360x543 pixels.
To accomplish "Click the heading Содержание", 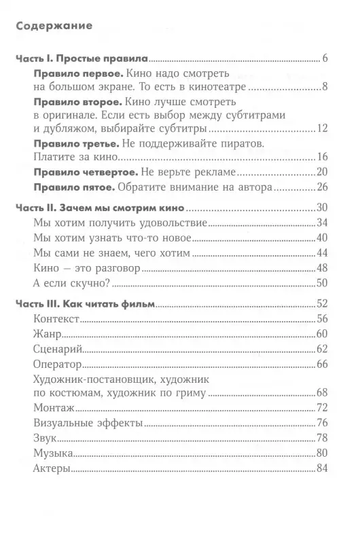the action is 53,27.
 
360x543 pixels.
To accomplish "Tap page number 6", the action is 325,58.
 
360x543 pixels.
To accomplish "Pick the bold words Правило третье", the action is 75,143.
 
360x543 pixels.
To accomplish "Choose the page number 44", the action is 322,252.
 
